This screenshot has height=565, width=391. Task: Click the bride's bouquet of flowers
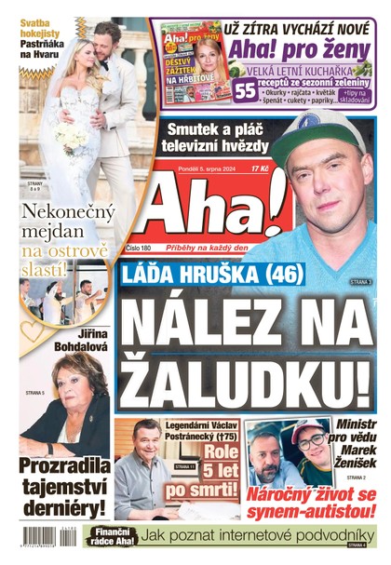tap(70, 137)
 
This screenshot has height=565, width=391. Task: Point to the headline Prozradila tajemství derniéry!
tap(65, 484)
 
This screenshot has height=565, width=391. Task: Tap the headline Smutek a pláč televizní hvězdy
tap(214, 137)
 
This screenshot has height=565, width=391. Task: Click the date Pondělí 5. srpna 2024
tap(210, 169)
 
